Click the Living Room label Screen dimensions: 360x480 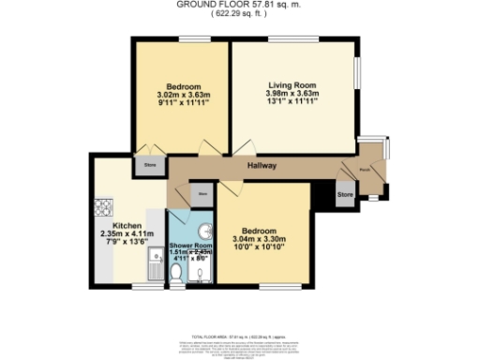[x=292, y=83]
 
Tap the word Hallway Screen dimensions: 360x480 [x=261, y=166]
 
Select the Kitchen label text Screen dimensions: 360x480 [x=127, y=226]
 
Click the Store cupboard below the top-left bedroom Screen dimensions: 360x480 [x=150, y=165]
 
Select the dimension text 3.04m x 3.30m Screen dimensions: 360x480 [x=259, y=240]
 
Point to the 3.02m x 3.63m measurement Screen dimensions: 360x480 [x=184, y=94]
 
